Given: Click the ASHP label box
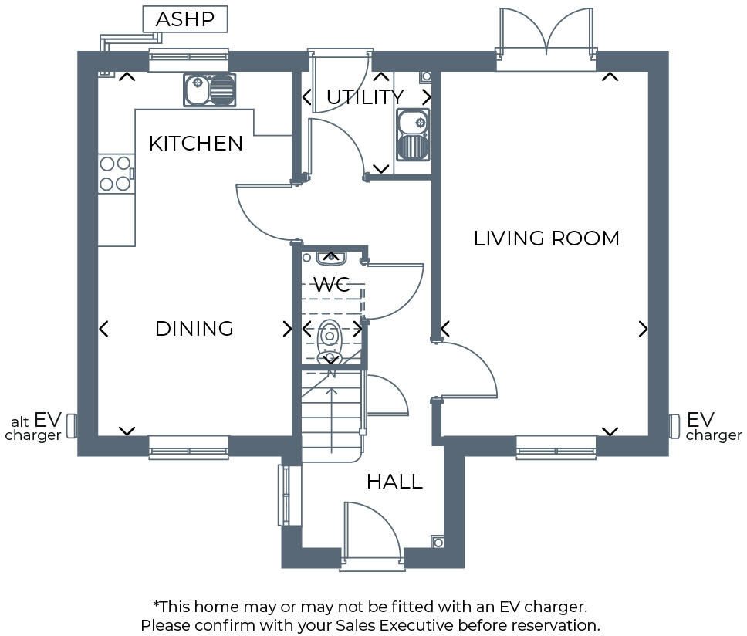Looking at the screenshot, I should point(185,19).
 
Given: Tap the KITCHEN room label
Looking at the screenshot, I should point(195,144).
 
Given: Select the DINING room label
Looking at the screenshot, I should point(194,329).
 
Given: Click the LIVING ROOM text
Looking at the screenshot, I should point(546,238).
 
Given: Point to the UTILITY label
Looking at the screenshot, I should point(364,97).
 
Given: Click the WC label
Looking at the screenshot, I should point(332,284).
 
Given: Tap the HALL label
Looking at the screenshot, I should point(394,482).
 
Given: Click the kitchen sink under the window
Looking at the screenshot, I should point(209,90).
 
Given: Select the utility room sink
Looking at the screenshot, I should point(413,134).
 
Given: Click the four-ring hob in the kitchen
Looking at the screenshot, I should point(116,173).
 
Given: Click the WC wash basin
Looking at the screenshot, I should point(330,257).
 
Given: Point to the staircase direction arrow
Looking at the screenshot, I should point(332,417).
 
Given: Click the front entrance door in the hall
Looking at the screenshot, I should point(370,533).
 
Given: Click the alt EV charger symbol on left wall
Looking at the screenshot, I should point(72,425).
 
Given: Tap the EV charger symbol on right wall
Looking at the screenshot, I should point(674,425).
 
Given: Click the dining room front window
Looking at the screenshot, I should point(188,447).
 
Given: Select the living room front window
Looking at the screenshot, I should point(556,447).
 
